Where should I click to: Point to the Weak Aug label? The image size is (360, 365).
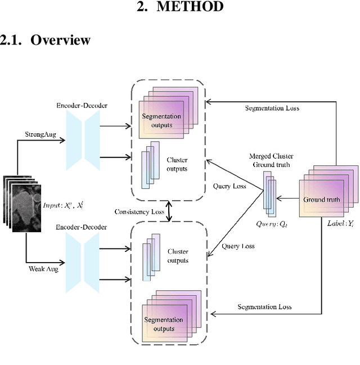point(43,269)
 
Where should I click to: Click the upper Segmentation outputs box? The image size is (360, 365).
point(162,120)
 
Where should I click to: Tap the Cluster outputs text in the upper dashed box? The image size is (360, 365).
point(177,164)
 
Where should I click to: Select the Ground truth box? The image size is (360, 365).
point(322,200)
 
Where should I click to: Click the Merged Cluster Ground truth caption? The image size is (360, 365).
point(272,159)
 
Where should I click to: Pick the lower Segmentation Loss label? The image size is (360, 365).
point(264,307)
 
